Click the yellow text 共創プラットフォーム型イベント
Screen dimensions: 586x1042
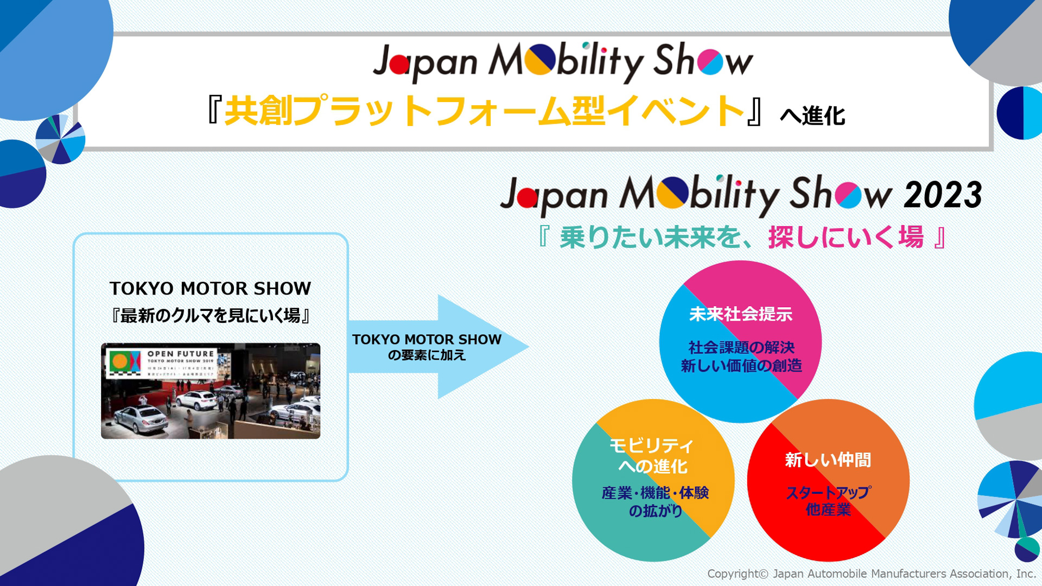point(484,111)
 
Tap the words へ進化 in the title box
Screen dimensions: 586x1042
point(812,116)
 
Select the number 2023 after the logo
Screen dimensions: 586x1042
point(943,195)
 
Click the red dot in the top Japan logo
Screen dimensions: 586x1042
point(399,65)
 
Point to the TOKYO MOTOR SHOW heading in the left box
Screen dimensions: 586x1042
point(211,288)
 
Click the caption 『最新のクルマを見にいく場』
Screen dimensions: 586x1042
point(211,315)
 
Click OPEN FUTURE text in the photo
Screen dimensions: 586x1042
point(181,354)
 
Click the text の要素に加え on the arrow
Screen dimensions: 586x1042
point(427,355)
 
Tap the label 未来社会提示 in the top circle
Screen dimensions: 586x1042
point(740,314)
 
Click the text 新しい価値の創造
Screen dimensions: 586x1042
point(741,366)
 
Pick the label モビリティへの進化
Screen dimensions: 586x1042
point(652,456)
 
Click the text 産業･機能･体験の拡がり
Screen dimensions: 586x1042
point(655,501)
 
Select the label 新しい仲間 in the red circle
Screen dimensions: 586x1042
point(828,460)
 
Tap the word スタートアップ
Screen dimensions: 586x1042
point(828,493)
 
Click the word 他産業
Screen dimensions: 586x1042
point(828,509)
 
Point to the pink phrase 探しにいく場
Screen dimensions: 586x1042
point(846,238)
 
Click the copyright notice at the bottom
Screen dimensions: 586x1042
point(871,574)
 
